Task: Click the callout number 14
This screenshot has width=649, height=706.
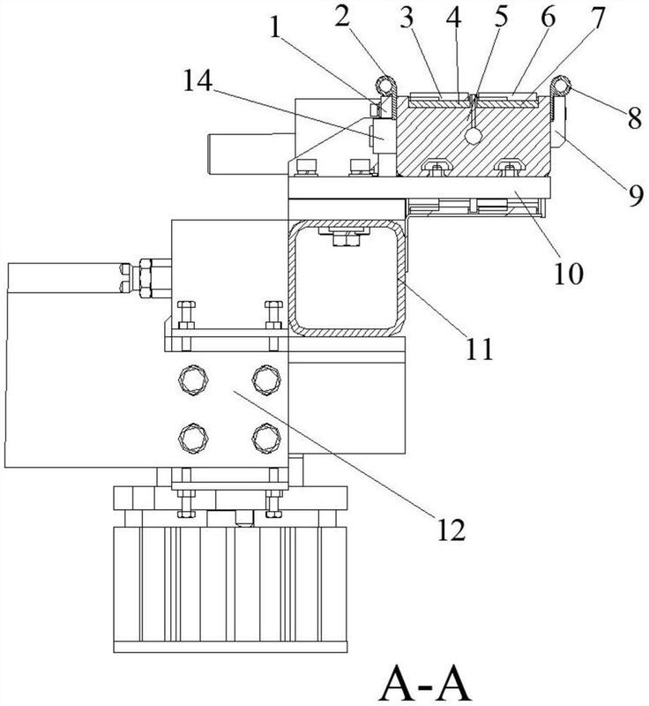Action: tap(197, 81)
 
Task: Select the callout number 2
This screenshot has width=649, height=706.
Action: tap(342, 17)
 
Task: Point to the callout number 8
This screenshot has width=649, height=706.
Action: tap(635, 118)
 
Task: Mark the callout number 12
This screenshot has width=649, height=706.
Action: tap(450, 529)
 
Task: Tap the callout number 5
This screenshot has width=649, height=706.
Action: tap(499, 17)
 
